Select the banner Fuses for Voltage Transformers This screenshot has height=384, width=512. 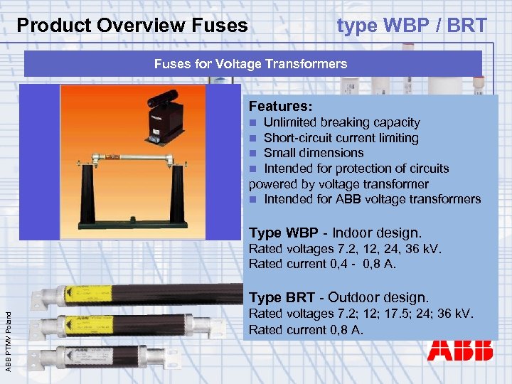(x=250, y=64)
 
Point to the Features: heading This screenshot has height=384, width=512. (x=280, y=107)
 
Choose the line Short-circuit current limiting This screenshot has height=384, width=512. (x=341, y=138)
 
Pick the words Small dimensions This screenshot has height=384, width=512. (x=313, y=153)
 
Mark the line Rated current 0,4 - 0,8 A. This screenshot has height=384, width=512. (x=322, y=264)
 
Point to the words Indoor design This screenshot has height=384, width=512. (x=378, y=233)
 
